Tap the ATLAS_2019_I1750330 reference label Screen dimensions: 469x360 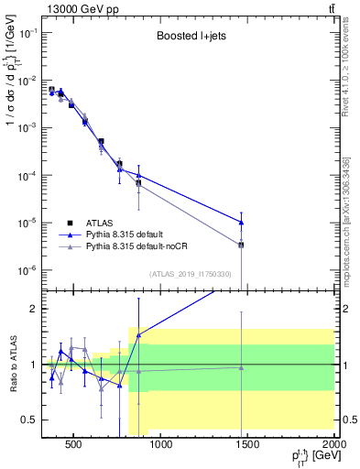click(190, 273)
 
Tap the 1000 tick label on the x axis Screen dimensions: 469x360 click(160, 445)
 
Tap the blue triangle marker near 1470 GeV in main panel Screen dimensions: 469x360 click(241, 222)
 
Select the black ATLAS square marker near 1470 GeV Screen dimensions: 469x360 click(241, 245)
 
